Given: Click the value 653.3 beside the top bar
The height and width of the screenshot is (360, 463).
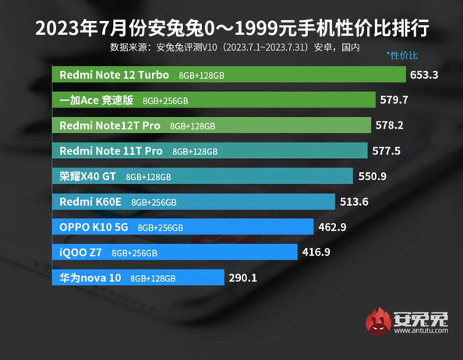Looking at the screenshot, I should pos(426,76).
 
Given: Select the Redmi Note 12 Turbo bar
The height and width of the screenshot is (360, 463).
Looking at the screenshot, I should pos(230,76).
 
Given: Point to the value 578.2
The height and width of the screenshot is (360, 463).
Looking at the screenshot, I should pos(390,125).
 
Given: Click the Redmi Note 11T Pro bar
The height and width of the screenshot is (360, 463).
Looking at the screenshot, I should pos(211,150).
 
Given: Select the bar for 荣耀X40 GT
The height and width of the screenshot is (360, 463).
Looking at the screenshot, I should pos(203,176).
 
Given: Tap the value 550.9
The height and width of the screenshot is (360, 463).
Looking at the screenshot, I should pos(373,176).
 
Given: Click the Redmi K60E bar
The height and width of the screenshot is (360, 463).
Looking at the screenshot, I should pos(195,201).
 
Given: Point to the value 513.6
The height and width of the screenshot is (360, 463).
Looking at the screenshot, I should pos(355,201).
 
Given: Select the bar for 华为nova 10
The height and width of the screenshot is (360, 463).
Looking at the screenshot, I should pos(137,277).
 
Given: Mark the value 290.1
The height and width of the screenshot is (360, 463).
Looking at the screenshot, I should pos(242,277).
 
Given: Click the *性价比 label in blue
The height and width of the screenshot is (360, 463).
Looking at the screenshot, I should pos(402,56).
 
